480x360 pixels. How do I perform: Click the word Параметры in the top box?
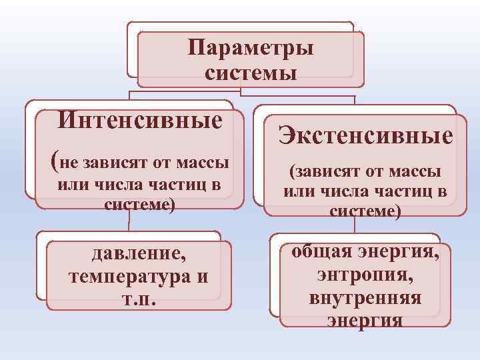(251, 48)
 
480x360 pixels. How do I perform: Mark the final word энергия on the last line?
(365, 320)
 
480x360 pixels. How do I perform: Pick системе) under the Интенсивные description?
(140, 204)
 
